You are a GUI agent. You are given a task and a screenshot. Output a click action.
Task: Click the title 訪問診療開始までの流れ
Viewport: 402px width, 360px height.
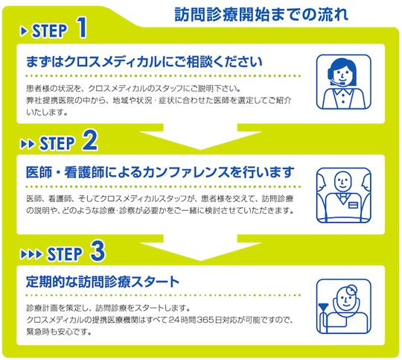pos(261,14)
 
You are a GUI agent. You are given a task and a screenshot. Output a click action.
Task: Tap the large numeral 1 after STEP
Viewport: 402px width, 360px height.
pos(82,28)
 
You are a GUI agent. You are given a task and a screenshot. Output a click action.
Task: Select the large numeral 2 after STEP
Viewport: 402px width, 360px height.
pos(90,140)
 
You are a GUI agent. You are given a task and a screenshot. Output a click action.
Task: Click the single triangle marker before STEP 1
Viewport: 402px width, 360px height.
pos(24,31)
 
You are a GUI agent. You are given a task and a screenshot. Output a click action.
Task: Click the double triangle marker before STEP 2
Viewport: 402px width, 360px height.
pos(28,144)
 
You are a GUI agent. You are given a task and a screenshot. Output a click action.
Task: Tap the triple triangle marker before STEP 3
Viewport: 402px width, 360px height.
pos(31,254)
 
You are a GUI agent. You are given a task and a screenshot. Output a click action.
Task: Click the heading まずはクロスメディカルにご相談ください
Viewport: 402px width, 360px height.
pos(144,62)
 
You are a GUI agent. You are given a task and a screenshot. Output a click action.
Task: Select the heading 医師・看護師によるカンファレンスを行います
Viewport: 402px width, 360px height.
pos(160,172)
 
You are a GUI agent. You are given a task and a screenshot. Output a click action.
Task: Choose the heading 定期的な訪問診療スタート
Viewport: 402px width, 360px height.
pos(103,282)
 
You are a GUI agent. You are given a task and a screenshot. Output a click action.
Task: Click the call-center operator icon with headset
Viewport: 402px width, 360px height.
pos(343,82)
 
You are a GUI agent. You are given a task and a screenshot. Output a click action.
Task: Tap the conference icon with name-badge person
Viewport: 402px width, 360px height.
pos(343,195)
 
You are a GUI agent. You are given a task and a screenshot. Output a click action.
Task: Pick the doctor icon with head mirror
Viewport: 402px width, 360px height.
pos(343,306)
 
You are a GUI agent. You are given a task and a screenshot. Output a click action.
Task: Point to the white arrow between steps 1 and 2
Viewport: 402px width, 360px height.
pos(201,136)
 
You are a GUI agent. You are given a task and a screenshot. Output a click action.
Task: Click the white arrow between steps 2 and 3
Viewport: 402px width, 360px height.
pos(201,247)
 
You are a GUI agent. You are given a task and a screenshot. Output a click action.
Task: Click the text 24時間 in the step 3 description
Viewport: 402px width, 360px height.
pos(182,320)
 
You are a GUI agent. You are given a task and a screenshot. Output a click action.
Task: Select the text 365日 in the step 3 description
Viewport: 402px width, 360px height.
pos(210,320)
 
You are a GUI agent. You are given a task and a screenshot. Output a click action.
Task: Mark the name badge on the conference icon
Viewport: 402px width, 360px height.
pos(353,205)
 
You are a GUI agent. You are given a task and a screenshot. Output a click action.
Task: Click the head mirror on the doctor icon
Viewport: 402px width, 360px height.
pos(351,289)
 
